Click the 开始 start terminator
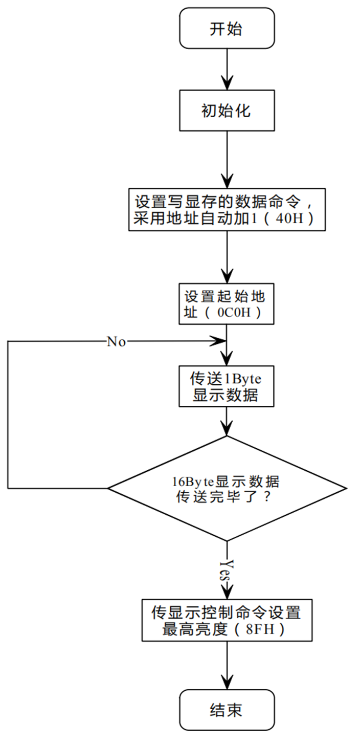(227, 28)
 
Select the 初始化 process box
(227, 111)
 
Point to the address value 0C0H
(234, 312)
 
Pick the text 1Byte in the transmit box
(243, 379)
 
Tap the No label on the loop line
(117, 341)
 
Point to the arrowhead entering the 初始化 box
(227, 83)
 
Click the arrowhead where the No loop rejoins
(218, 341)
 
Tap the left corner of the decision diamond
(107, 488)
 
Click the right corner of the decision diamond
(347, 488)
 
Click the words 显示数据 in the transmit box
(226, 395)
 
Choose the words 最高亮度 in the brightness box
(195, 629)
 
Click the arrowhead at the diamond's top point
(227, 428)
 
